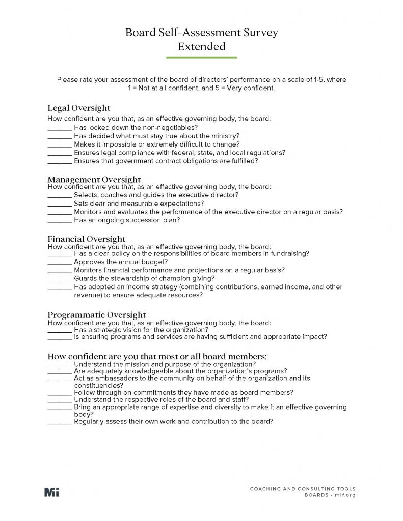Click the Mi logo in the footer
(x=51, y=492)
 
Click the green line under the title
(x=201, y=58)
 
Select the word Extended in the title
(x=201, y=47)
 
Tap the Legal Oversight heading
(x=79, y=108)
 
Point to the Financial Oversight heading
(x=86, y=239)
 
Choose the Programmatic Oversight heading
(x=96, y=315)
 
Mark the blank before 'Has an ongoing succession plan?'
(x=60, y=221)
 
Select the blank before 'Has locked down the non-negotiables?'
(x=60, y=128)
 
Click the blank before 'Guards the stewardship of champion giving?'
(x=60, y=279)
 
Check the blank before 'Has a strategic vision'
(x=60, y=330)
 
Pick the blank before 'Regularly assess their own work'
(x=60, y=422)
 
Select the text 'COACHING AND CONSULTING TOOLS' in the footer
(x=303, y=489)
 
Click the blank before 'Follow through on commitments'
(x=60, y=393)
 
